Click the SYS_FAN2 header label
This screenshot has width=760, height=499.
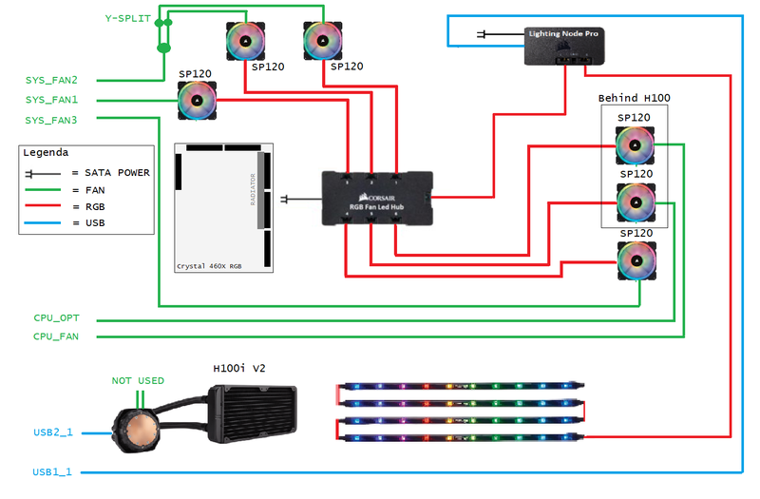point(52,80)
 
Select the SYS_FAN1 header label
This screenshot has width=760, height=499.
point(52,100)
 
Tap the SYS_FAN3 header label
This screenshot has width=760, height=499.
point(52,120)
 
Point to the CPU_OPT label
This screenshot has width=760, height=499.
point(57,317)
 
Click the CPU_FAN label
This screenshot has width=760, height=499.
point(57,336)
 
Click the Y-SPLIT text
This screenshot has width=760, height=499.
point(128,19)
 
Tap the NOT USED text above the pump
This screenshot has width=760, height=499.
point(138,380)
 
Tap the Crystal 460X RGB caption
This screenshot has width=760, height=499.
point(208,266)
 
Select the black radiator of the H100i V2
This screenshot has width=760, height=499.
point(252,415)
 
